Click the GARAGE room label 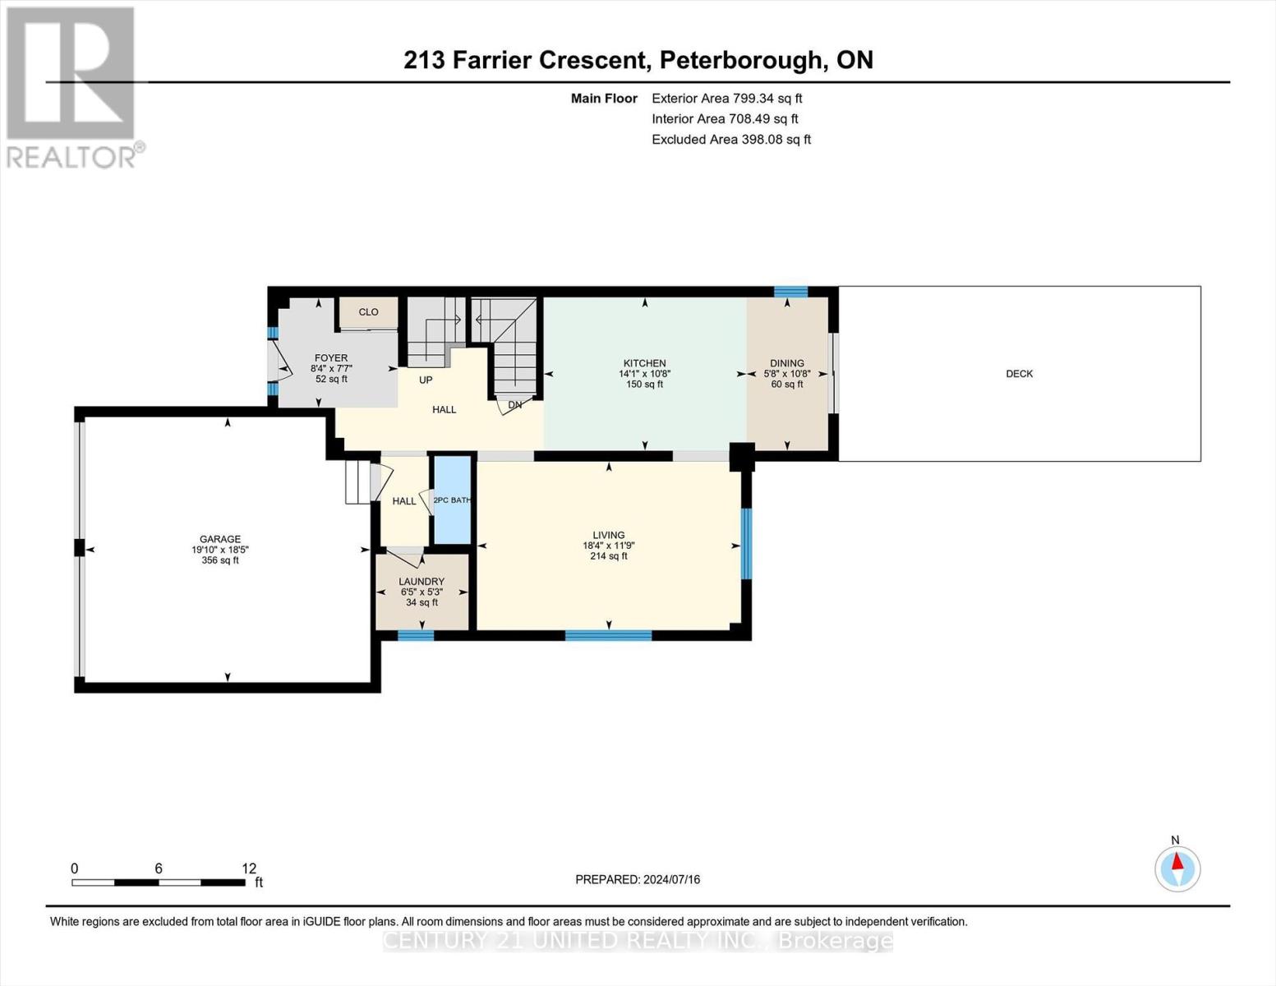pos(220,539)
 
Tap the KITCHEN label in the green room pos(644,363)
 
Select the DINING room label pos(787,363)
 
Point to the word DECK pos(1019,374)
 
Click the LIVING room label pos(608,535)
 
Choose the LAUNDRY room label pos(421,582)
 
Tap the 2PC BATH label pos(452,500)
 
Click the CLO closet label pos(369,312)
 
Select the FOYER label pos(331,357)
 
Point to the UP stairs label pos(426,380)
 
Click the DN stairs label pos(514,404)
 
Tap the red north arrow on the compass pos(1177,861)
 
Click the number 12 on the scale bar pos(249,868)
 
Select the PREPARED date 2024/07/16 pos(672,879)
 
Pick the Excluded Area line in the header pos(731,140)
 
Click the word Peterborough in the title pos(739,61)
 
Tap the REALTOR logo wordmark pos(71,157)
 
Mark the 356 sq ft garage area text pos(220,560)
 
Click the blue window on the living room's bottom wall pos(608,635)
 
